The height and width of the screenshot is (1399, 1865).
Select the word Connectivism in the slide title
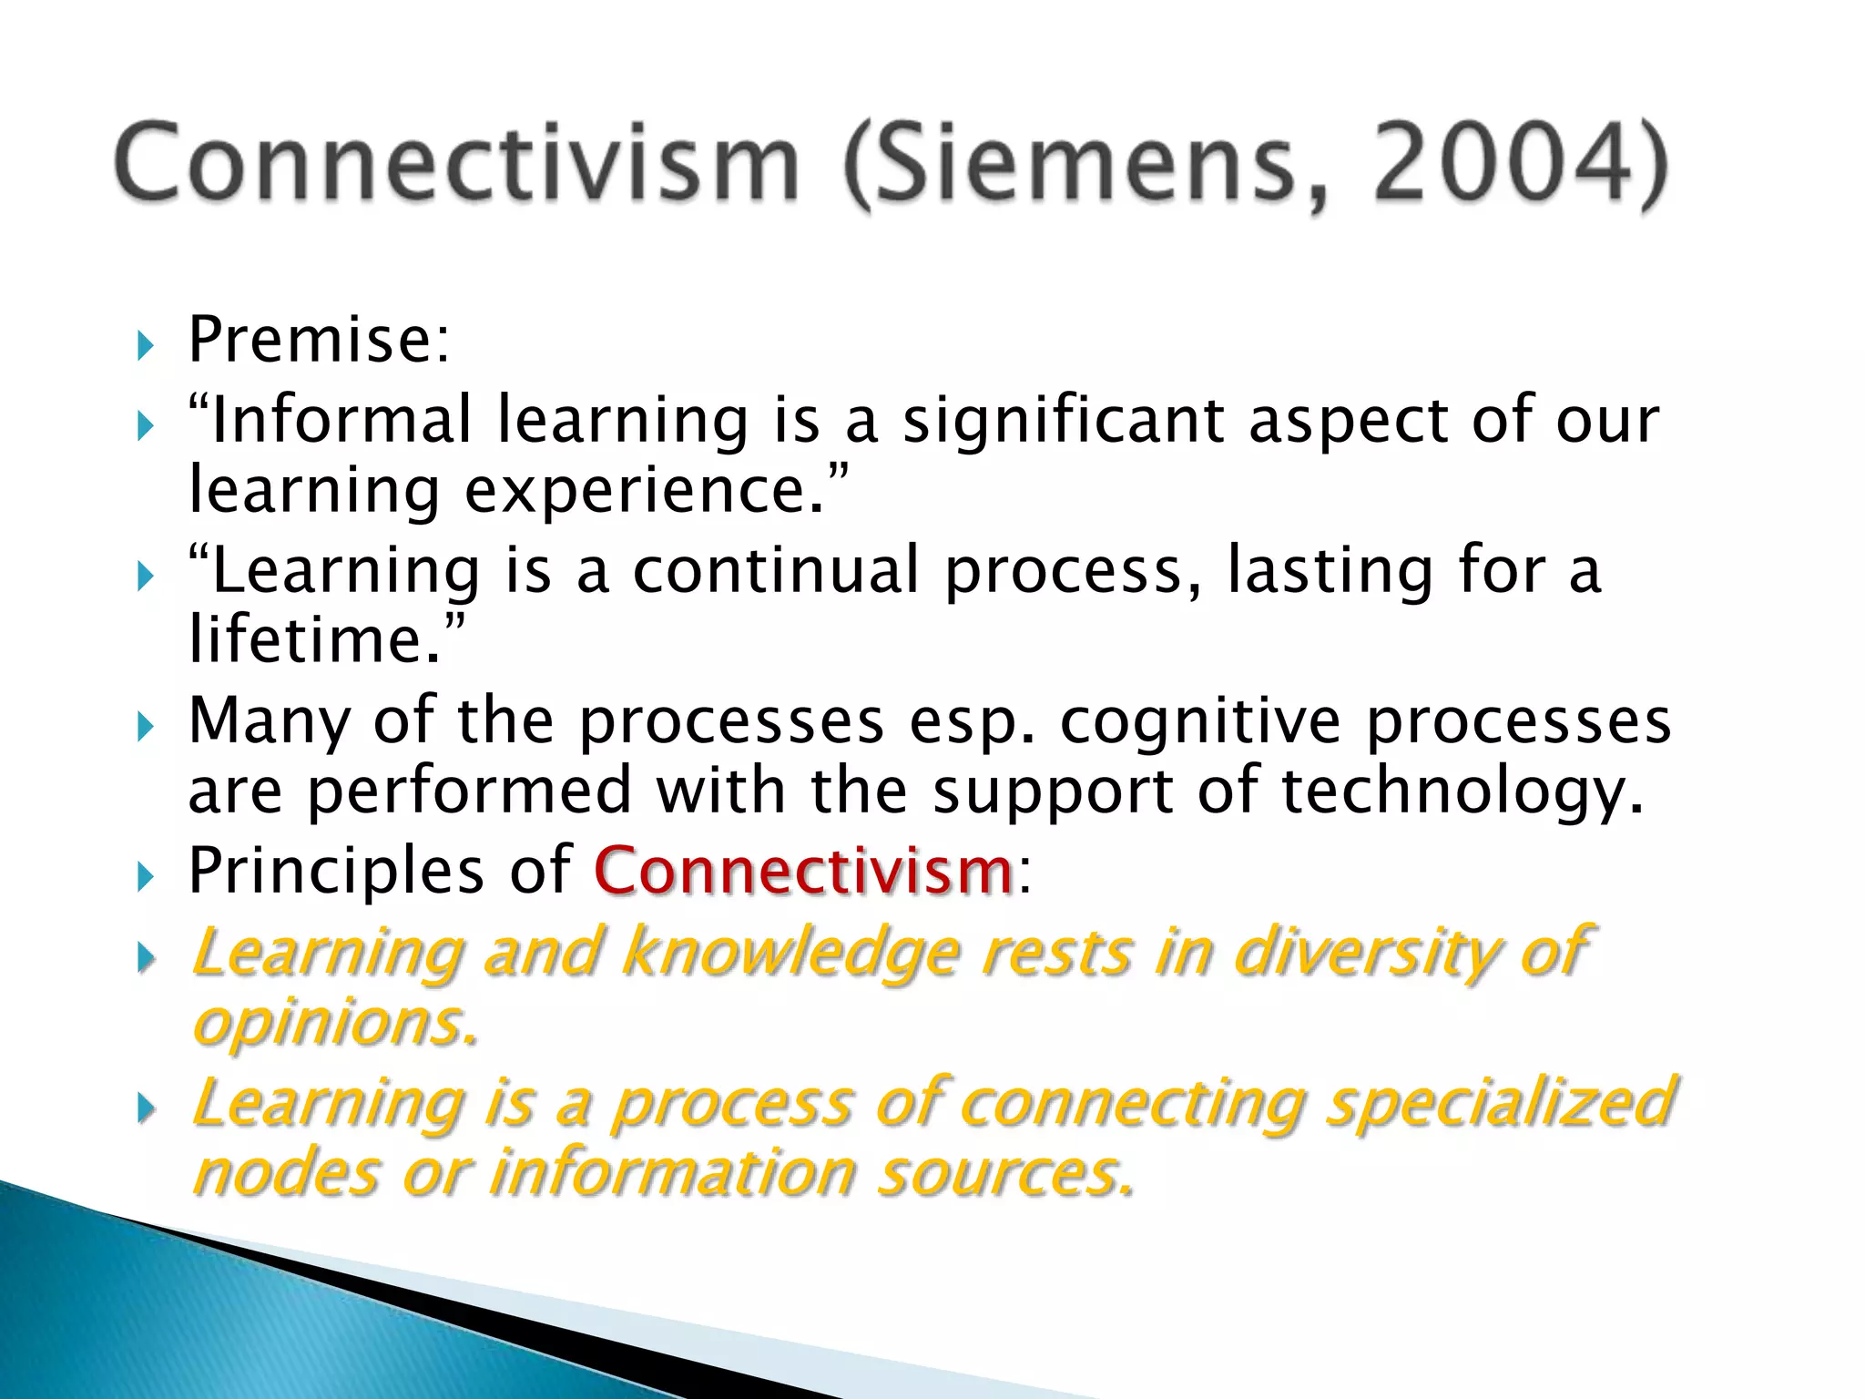pos(457,164)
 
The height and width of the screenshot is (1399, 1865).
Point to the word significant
pos(1063,422)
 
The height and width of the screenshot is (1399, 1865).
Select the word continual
pos(776,570)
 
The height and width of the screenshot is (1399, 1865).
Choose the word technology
pos(1462,791)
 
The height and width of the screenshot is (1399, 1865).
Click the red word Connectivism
pos(803,871)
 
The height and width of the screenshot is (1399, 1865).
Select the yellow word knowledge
pos(790,954)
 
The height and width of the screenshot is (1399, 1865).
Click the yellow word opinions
pos(333,1024)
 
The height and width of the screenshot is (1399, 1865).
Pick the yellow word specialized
pos(1499,1103)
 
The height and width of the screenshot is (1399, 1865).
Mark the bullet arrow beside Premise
pos(146,345)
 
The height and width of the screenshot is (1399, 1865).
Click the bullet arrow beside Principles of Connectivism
pos(146,877)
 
